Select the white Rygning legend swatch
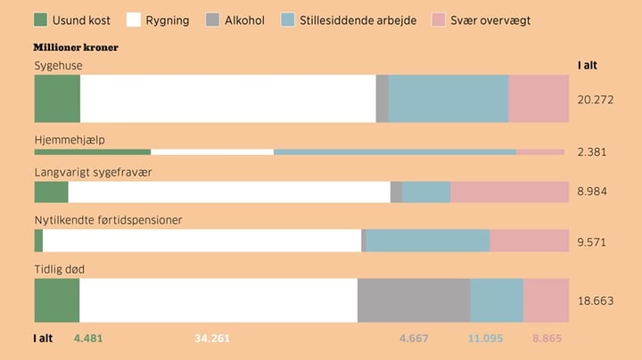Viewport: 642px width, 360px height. [x=135, y=20]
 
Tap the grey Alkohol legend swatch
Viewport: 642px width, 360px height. [x=212, y=20]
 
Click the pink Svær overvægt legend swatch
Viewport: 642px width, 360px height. [x=438, y=20]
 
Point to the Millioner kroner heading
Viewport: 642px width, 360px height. [x=76, y=47]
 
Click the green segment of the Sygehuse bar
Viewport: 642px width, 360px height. [x=57, y=99]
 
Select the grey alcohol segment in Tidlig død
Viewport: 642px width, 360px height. [x=414, y=300]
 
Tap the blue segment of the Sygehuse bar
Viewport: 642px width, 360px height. [x=449, y=99]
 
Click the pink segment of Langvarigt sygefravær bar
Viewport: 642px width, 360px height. [x=509, y=192]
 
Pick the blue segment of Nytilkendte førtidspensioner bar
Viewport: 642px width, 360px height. [x=428, y=241]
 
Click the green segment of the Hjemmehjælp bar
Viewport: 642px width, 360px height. [x=93, y=151]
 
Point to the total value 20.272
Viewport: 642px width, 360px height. [x=596, y=99]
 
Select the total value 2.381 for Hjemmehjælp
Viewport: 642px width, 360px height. [x=592, y=151]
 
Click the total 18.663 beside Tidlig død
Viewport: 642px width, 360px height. [x=596, y=301]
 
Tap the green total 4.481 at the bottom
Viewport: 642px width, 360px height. [x=89, y=338]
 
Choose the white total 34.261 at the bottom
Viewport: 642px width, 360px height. [x=212, y=338]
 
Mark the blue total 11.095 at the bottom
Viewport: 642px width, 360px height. [x=486, y=338]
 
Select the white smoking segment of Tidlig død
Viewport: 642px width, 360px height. [x=218, y=300]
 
